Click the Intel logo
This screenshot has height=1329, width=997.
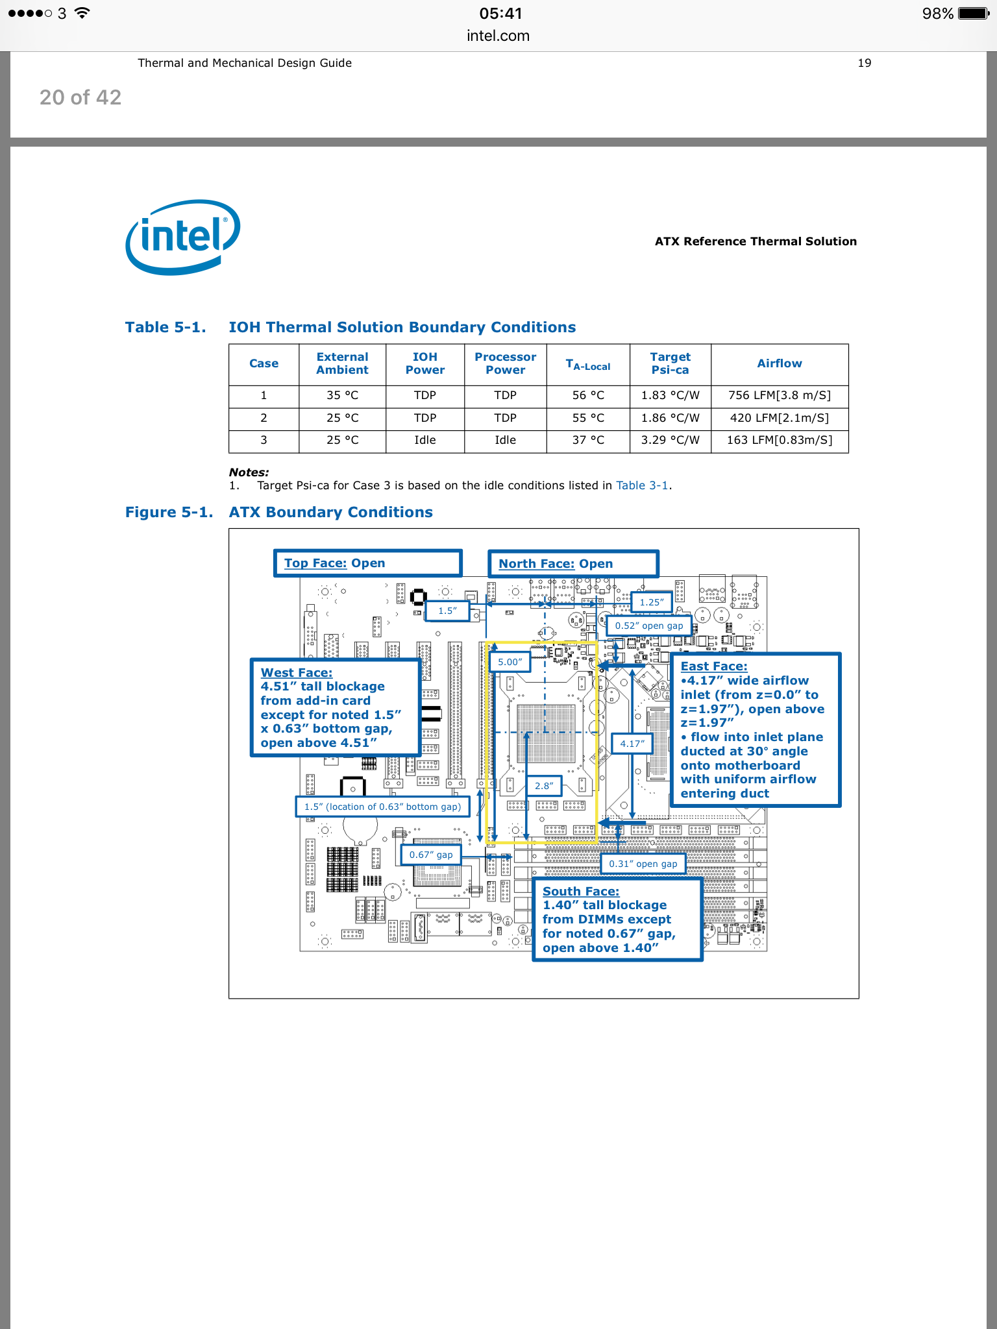[x=182, y=236]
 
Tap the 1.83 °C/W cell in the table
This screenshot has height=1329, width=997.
[x=670, y=395]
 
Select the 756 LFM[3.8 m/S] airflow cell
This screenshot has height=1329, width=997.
[x=779, y=395]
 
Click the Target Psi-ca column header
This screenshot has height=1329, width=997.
[x=670, y=363]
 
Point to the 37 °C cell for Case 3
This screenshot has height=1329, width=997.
[x=588, y=440]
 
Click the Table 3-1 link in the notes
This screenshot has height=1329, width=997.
[x=642, y=485]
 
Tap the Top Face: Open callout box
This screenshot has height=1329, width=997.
[x=367, y=563]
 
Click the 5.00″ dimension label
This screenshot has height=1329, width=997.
[x=510, y=662]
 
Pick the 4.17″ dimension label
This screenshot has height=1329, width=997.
[x=632, y=744]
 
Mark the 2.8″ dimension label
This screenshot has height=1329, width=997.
[x=544, y=786]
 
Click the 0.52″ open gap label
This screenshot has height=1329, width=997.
[x=649, y=626]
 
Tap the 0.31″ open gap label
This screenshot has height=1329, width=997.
[x=643, y=864]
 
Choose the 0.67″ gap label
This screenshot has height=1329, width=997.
[x=431, y=855]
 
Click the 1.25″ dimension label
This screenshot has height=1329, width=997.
[x=651, y=602]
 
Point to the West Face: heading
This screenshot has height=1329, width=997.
[x=297, y=673]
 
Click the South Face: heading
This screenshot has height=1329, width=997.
[x=581, y=892]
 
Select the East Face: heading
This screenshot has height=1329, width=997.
[x=714, y=666]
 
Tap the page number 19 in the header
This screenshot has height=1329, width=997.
[x=864, y=63]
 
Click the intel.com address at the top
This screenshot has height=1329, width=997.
[x=498, y=36]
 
